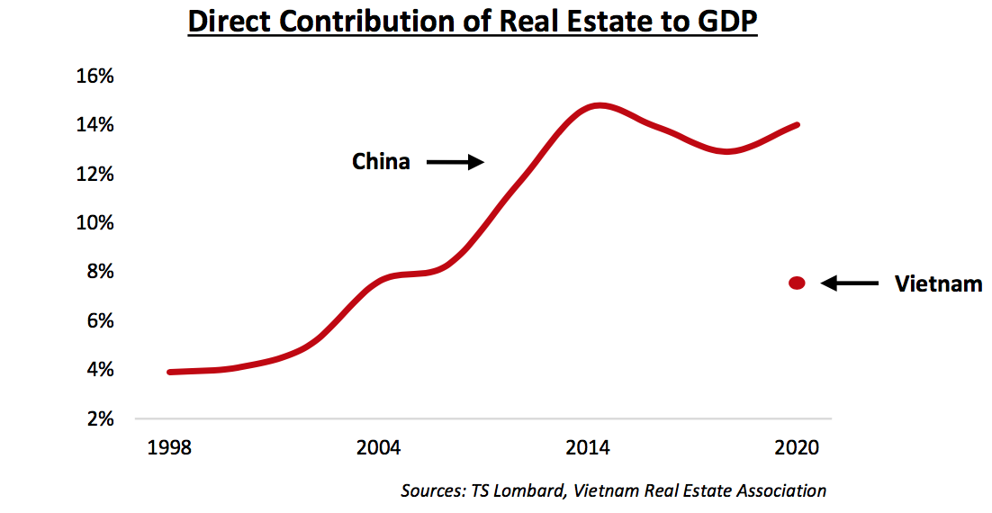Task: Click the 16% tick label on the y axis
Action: (x=94, y=76)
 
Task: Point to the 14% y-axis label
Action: (x=94, y=125)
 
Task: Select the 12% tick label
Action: (x=94, y=174)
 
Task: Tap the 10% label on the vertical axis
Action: (x=94, y=222)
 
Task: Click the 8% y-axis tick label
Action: (x=98, y=272)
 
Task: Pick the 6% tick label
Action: (x=98, y=320)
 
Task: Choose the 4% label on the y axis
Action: (x=98, y=370)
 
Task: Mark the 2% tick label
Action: (x=98, y=418)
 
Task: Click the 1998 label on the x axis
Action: (x=169, y=448)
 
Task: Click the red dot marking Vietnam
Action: (x=797, y=283)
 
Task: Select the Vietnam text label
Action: (x=938, y=284)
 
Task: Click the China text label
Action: (x=381, y=162)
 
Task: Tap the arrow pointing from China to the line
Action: (x=455, y=162)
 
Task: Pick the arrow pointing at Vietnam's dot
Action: (x=851, y=283)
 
